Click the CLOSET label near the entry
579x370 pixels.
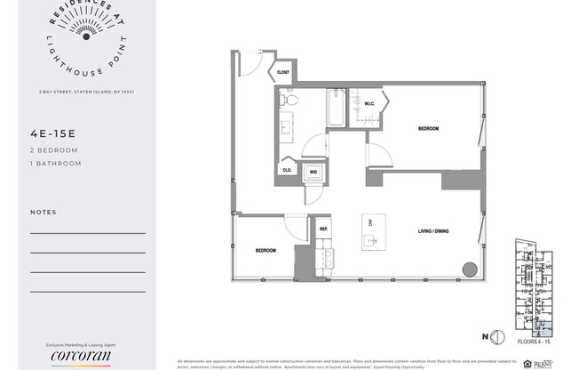283,72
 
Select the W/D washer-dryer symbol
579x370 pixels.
313,172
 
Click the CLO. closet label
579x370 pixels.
287,169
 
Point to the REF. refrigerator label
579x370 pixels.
324,229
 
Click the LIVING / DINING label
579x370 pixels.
433,231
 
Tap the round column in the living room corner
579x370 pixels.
467,270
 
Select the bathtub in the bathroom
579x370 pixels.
336,106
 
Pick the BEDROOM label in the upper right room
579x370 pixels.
429,129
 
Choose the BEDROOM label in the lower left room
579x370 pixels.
266,251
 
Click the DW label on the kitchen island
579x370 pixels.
369,222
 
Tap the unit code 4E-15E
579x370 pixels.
54,135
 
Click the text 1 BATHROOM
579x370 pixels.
55,164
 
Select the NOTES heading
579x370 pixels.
43,213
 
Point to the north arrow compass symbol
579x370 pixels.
497,336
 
